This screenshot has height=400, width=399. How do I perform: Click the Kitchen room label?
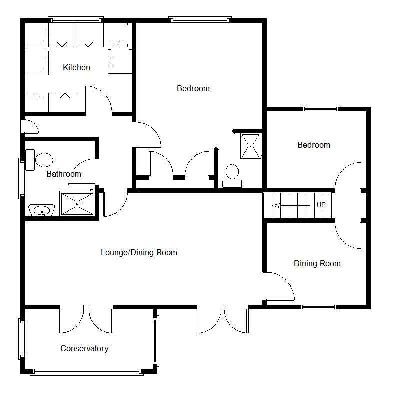(76, 67)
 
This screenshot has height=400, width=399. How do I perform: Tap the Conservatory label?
(84, 348)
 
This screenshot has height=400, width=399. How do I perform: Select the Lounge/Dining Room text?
(139, 252)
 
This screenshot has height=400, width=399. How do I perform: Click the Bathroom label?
(64, 174)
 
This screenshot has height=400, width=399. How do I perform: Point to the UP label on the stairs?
(321, 205)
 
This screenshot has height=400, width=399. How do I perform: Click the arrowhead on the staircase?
(276, 205)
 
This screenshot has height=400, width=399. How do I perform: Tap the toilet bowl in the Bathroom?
(44, 160)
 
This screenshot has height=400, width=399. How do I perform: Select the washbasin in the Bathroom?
(41, 210)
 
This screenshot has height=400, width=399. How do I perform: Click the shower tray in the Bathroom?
(77, 204)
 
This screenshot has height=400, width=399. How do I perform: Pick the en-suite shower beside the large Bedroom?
(251, 146)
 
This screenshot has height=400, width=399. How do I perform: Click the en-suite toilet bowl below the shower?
(232, 171)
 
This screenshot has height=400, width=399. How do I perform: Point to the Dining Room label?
(317, 263)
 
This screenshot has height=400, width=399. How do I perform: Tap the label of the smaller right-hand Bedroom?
(314, 145)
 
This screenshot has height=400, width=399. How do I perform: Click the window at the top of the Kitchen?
(76, 19)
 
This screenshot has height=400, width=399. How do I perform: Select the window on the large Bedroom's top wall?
(200, 19)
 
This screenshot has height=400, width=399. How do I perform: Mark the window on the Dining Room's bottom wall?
(318, 308)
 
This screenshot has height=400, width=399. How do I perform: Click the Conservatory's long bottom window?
(86, 372)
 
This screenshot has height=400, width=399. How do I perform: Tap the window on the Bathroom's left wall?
(21, 178)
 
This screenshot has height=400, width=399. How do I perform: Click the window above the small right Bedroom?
(320, 108)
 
